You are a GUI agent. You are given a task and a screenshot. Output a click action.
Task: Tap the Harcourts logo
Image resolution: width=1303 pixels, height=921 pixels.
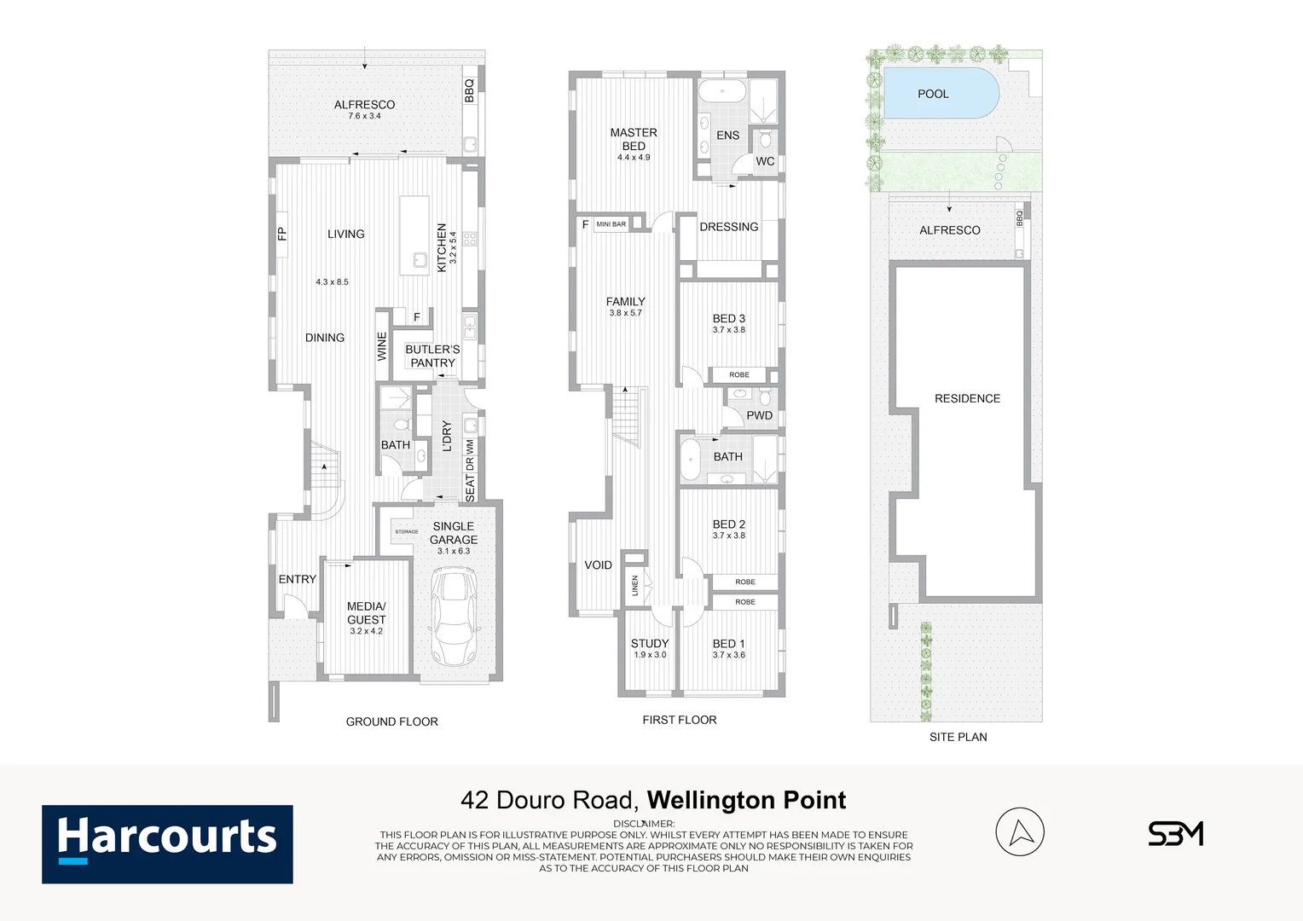167,843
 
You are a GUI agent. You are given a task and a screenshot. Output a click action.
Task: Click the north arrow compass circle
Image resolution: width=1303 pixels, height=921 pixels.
1020,831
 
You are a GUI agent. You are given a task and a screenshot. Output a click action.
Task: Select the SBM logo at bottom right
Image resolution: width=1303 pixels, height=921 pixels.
1175,833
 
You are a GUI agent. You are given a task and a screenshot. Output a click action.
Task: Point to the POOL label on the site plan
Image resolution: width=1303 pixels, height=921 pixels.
933,94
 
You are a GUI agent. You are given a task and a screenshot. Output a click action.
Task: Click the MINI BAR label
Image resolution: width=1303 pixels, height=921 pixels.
611,224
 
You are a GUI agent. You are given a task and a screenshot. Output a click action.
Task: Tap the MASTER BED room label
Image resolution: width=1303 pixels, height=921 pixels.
634,139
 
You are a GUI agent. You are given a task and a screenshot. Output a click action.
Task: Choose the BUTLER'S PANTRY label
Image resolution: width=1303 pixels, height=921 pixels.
432,356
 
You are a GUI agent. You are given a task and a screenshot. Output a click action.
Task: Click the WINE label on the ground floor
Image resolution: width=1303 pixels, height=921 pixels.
382,346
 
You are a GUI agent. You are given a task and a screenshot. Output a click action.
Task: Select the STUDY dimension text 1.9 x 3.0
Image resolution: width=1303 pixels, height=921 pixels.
650,655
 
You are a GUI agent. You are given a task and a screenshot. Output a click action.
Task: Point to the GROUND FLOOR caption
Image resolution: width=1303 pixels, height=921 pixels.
391,721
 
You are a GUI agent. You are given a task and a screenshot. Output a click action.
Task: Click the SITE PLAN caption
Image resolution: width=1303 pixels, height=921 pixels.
958,737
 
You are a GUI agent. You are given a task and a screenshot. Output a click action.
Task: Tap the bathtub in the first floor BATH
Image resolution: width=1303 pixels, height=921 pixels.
690,460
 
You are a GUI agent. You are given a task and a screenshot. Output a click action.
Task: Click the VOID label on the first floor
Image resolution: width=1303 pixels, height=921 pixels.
598,565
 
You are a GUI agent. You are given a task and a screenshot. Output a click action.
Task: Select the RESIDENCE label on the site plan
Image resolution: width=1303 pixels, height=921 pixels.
967,398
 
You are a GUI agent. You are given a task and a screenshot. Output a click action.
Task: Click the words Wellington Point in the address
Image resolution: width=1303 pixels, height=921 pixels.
746,800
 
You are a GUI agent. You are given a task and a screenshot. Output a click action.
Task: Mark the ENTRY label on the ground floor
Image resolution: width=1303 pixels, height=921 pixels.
297,579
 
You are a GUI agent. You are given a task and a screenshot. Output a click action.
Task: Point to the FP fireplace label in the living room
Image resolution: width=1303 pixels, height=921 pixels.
281,234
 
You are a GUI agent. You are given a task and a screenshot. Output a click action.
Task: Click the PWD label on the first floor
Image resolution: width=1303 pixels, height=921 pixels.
759,415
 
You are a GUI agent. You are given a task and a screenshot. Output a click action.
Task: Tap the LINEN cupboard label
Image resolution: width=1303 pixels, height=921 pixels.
634,585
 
